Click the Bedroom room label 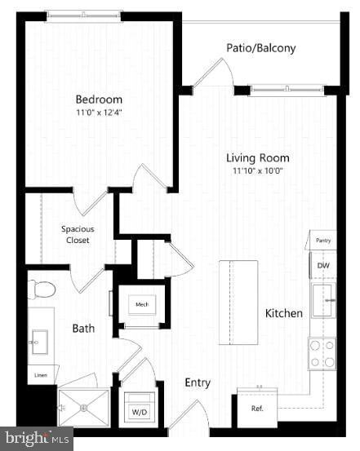tap(99, 99)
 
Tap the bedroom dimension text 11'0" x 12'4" tap(99, 113)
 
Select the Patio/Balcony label tap(261, 48)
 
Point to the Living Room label tap(258, 157)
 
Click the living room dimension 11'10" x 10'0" tap(258, 171)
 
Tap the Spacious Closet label tap(78, 235)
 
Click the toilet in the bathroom tap(42, 290)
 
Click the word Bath tap(83, 329)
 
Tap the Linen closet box tap(39, 376)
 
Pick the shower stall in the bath tap(83, 406)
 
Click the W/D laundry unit tap(140, 406)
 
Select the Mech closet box tap(142, 304)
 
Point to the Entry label tap(198, 382)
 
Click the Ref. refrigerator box tap(256, 408)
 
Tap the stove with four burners tap(322, 353)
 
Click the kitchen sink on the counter tap(322, 300)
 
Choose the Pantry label tap(322, 241)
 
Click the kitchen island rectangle tap(238, 290)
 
